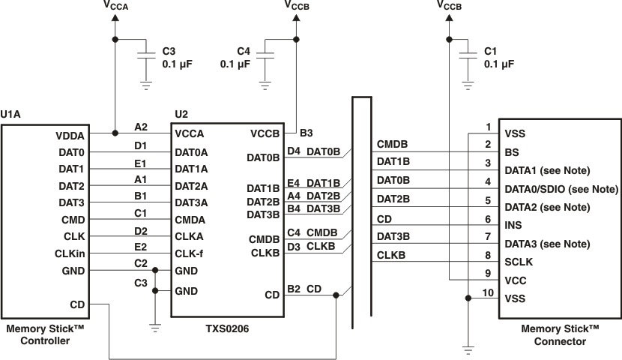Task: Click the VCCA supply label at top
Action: click(x=115, y=7)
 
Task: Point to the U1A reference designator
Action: click(x=10, y=114)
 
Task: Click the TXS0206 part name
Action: click(x=227, y=328)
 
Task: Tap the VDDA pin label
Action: click(x=70, y=136)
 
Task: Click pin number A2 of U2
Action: click(x=141, y=127)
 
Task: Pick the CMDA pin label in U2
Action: click(x=191, y=220)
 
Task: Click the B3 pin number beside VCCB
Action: click(x=306, y=133)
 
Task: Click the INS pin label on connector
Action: click(x=514, y=224)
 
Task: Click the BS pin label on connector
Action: click(x=512, y=151)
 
